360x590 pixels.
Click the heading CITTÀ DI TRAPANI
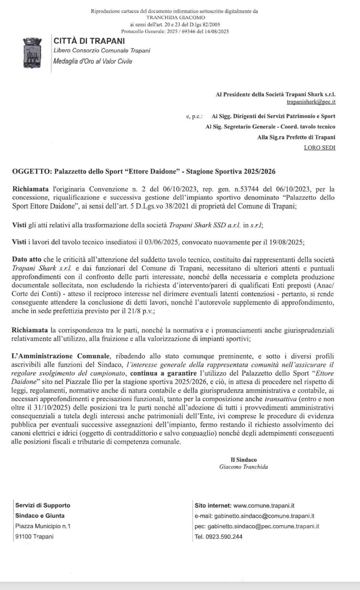pos(89,41)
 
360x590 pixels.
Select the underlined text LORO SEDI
pos(319,147)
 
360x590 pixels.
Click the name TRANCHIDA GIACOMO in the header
pos(176,17)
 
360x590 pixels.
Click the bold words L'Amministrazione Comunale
pos(61,356)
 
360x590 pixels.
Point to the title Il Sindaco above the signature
pos(244,460)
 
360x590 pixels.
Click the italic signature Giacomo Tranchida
pos(244,467)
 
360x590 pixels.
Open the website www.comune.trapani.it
pos(263,506)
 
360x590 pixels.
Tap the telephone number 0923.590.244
pos(224,537)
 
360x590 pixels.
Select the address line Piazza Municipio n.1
pos(43,526)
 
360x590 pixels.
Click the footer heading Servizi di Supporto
pos(43,505)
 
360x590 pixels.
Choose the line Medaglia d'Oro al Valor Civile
pos(93,61)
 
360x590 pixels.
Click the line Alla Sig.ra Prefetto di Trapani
pos(296,137)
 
